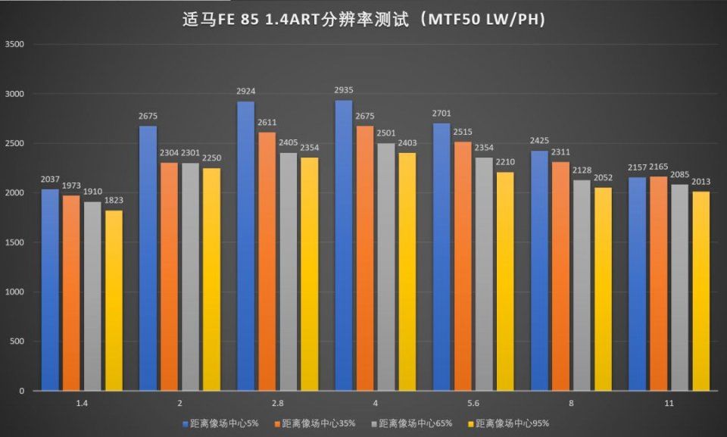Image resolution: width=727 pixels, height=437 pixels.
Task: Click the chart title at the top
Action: coord(364,18)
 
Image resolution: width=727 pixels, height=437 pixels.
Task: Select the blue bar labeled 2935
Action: coord(344,245)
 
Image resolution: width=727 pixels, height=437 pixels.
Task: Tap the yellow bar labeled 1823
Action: coord(114,300)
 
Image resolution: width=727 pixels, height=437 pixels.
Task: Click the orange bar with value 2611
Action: coord(267,261)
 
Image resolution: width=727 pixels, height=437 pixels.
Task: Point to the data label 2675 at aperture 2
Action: coord(148,116)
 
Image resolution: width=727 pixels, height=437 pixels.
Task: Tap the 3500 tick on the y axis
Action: coord(15,45)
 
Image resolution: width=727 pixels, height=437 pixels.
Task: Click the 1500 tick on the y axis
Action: coord(15,242)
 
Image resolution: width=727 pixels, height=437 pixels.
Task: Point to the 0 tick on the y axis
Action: coord(22,391)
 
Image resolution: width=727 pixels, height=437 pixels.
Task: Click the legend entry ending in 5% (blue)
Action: coord(220,423)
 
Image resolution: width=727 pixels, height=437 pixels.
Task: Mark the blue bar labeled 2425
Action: coord(539,270)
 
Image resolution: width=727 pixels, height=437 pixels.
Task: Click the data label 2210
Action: coord(505,162)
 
